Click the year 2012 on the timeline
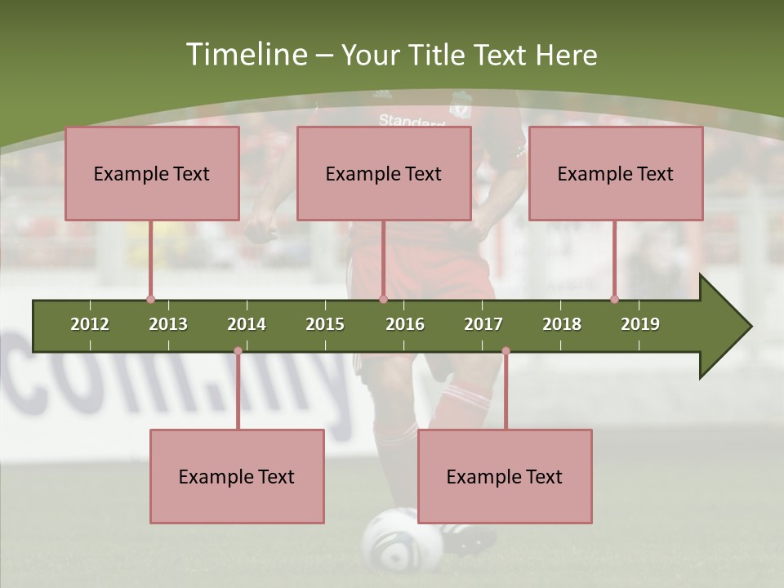click(x=90, y=324)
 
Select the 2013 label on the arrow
click(x=168, y=324)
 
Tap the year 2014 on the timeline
click(x=247, y=324)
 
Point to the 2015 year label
click(x=325, y=324)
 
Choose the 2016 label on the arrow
click(x=405, y=324)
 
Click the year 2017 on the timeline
click(x=483, y=324)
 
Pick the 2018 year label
click(x=562, y=324)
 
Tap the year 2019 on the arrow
click(x=640, y=324)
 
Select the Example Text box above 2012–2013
click(x=152, y=173)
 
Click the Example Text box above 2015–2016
click(x=384, y=173)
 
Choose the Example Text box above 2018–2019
click(x=616, y=173)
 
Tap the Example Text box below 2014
click(x=237, y=476)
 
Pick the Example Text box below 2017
click(x=505, y=476)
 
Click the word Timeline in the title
click(x=245, y=55)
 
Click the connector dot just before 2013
click(x=150, y=300)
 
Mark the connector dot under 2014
click(x=238, y=351)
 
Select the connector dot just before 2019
click(x=614, y=300)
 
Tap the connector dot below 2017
click(x=506, y=351)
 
